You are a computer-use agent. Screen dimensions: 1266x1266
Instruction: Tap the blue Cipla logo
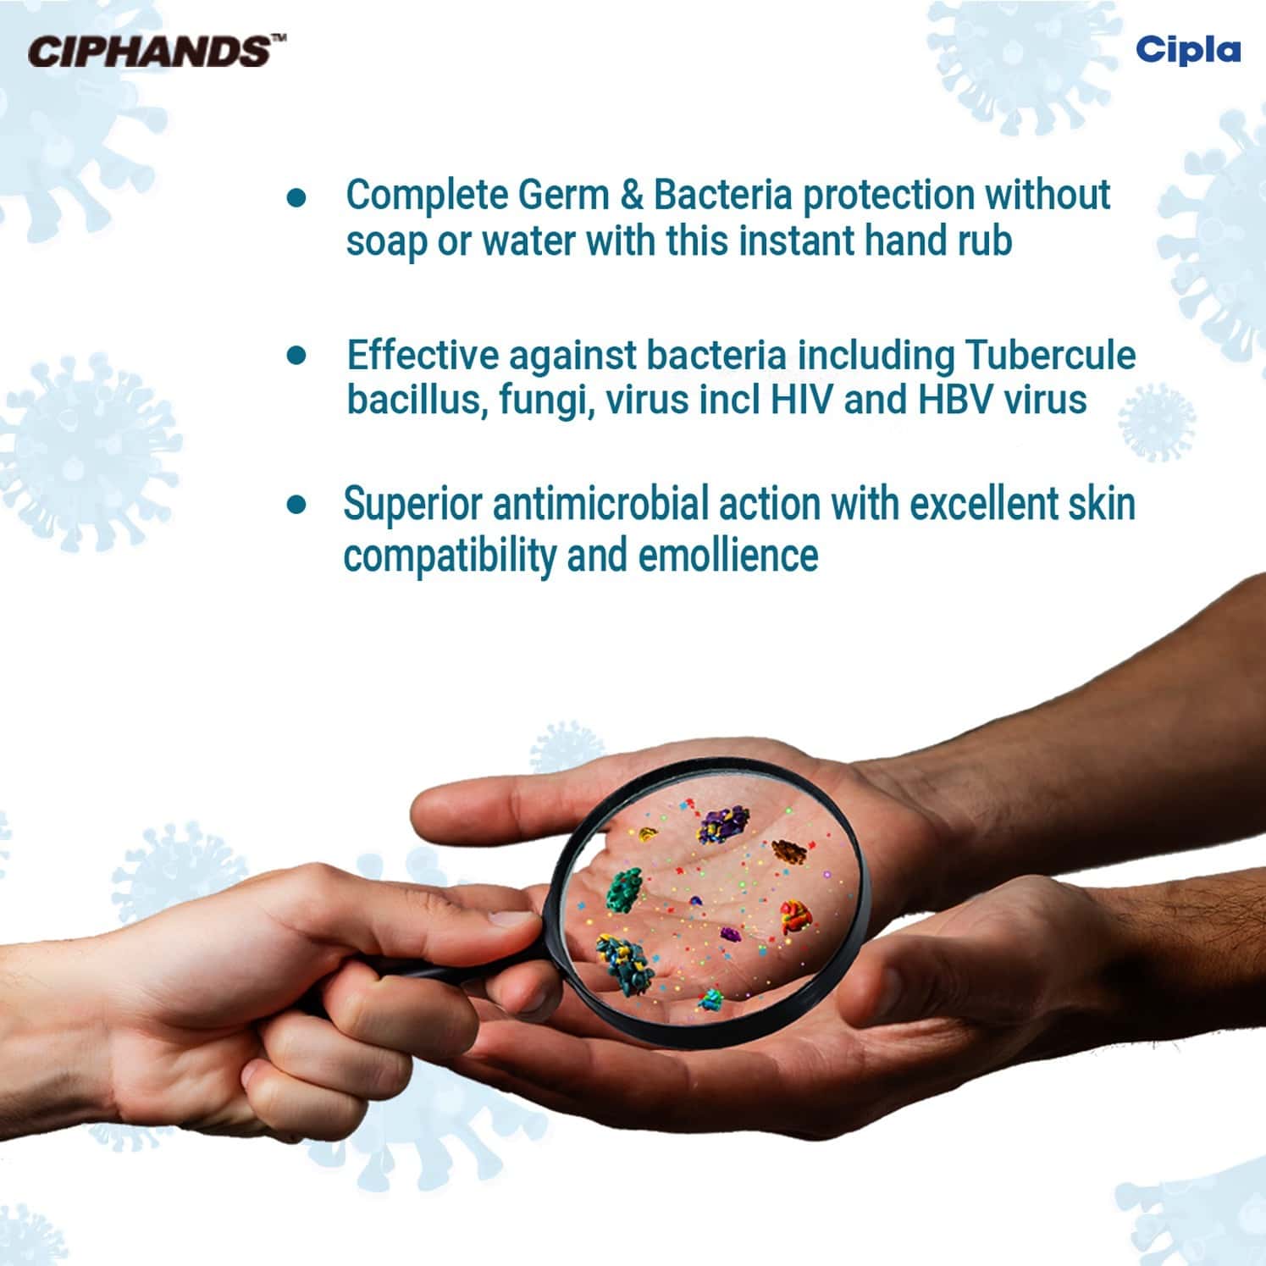pyautogui.click(x=1187, y=49)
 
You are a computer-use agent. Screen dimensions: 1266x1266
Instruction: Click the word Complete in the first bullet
pyautogui.click(x=426, y=195)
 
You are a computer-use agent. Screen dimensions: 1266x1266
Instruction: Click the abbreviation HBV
pyautogui.click(x=955, y=400)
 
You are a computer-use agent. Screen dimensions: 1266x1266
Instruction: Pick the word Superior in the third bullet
pyautogui.click(x=412, y=506)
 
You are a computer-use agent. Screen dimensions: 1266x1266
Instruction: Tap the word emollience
pyautogui.click(x=728, y=556)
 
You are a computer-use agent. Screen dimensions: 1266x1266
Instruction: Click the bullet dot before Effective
pyautogui.click(x=296, y=355)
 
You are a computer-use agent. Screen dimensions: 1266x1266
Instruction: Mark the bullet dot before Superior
pyautogui.click(x=296, y=506)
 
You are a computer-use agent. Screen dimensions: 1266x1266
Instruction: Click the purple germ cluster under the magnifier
pyautogui.click(x=724, y=824)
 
